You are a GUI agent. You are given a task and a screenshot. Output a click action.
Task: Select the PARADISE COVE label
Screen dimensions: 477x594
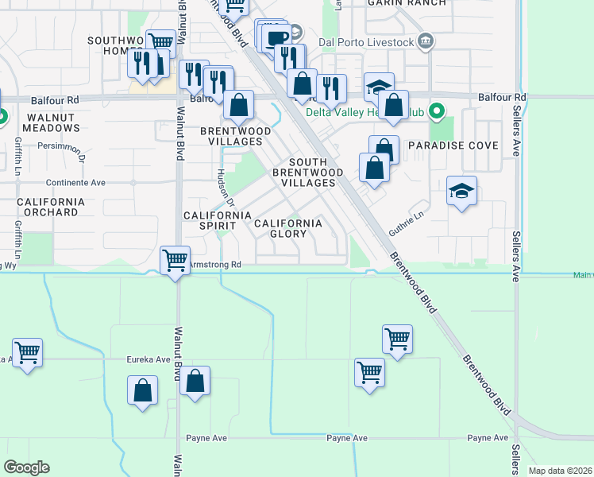pos(453,146)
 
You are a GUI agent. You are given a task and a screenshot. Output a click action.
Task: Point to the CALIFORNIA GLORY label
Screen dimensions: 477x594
pos(288,229)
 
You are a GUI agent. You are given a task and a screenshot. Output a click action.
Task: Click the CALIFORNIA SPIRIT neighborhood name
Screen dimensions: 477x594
pos(218,215)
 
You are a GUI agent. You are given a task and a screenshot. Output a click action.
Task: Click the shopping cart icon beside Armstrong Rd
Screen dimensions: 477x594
pos(175,258)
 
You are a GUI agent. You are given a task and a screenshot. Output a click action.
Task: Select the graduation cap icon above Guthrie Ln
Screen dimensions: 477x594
pos(461,192)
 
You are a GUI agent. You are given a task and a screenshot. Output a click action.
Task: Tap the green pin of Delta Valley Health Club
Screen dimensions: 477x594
pos(435,111)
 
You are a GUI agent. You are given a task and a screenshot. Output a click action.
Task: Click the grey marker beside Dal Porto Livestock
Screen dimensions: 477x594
pos(425,40)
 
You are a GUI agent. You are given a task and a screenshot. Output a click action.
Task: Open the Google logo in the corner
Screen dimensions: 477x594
pos(26,467)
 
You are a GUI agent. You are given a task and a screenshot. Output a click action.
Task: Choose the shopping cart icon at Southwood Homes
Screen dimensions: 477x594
pos(161,42)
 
